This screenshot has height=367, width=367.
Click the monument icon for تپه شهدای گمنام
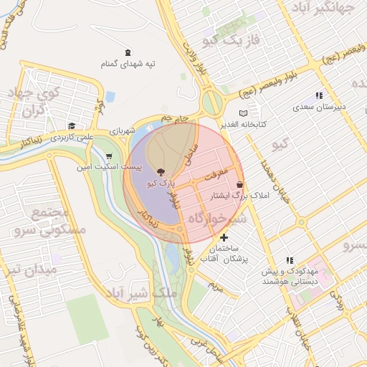tap(128, 52)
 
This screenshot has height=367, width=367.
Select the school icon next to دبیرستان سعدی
tap(319, 95)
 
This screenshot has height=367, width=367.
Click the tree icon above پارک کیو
tap(159, 172)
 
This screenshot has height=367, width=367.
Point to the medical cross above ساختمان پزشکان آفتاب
tap(224, 237)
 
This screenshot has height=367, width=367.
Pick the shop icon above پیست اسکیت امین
tap(108, 156)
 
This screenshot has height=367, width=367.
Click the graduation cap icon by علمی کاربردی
tap(71, 125)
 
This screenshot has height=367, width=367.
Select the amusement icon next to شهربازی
tap(149, 128)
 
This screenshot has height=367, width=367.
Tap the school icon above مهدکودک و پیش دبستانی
tap(290, 260)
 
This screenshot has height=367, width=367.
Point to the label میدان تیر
tap(29, 271)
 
